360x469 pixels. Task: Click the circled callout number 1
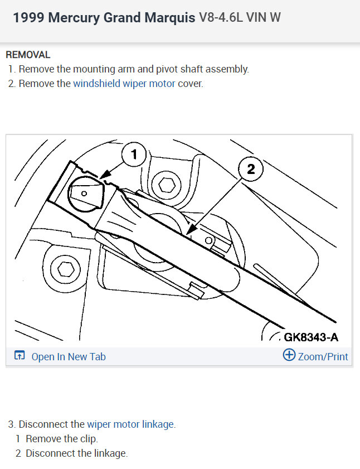(x=134, y=154)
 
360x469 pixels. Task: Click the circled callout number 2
(x=251, y=169)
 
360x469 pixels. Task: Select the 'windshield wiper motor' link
(x=124, y=84)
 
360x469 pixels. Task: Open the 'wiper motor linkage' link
(x=130, y=424)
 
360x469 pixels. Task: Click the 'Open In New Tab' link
(x=68, y=357)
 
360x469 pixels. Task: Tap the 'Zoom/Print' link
(x=323, y=356)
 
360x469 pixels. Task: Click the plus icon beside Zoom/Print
(x=289, y=355)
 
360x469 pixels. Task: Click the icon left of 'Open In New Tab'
(x=20, y=356)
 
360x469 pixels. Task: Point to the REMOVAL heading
(x=28, y=55)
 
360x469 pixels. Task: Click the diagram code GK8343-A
(x=310, y=337)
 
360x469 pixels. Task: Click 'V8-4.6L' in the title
(x=219, y=17)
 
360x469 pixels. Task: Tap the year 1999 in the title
(x=28, y=17)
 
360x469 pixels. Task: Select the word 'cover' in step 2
(x=190, y=84)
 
